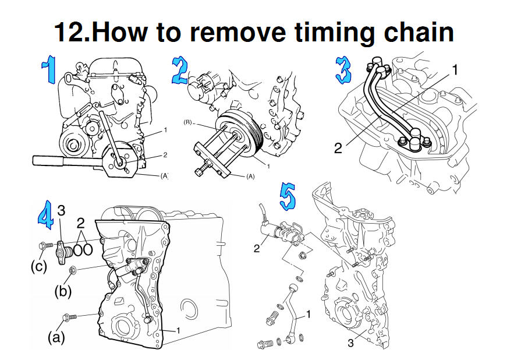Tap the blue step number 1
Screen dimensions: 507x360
pyautogui.click(x=49, y=69)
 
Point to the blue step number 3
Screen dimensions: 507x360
pyautogui.click(x=343, y=70)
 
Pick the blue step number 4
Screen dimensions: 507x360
pyautogui.click(x=45, y=214)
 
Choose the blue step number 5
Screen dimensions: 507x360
pyautogui.click(x=287, y=196)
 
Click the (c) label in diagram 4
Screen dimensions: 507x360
pyautogui.click(x=39, y=266)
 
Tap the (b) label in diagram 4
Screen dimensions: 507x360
pyautogui.click(x=63, y=291)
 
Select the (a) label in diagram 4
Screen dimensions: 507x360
pyautogui.click(x=56, y=338)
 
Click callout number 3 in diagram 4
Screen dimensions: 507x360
pyautogui.click(x=61, y=210)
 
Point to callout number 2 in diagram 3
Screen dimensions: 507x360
pyautogui.click(x=338, y=148)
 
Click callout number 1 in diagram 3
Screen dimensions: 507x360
pyautogui.click(x=455, y=70)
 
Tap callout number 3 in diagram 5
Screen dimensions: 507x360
pyautogui.click(x=351, y=343)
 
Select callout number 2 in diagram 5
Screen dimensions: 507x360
pyautogui.click(x=257, y=248)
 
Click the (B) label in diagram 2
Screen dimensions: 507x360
pyautogui.click(x=187, y=122)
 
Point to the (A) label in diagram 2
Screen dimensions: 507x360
pyautogui.click(x=250, y=177)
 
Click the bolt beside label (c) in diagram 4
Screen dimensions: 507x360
pyautogui.click(x=45, y=246)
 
